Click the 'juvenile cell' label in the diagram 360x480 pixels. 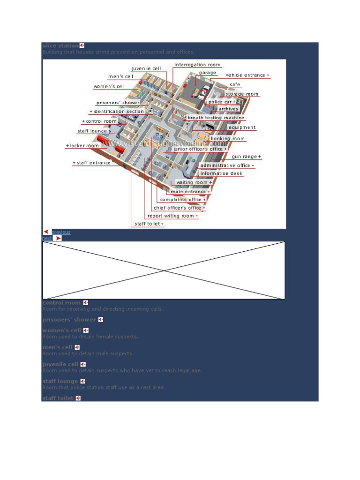[x=146, y=68]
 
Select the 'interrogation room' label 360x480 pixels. [x=197, y=65]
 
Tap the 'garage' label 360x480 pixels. [x=208, y=73]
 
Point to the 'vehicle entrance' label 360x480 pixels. [x=247, y=75]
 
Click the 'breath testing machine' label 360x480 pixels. [x=216, y=118]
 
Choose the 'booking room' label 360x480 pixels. [x=227, y=139]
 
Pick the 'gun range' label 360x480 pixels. [x=246, y=157]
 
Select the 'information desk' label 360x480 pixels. [x=221, y=173]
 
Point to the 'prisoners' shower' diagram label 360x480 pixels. [x=118, y=103]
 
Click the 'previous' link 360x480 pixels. [x=61, y=232]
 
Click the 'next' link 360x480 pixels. [x=46, y=238]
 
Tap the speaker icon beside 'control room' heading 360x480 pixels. [x=86, y=303]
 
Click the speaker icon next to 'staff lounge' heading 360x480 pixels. [x=82, y=382]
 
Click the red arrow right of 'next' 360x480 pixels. [x=58, y=238]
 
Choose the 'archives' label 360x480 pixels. [x=228, y=109]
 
